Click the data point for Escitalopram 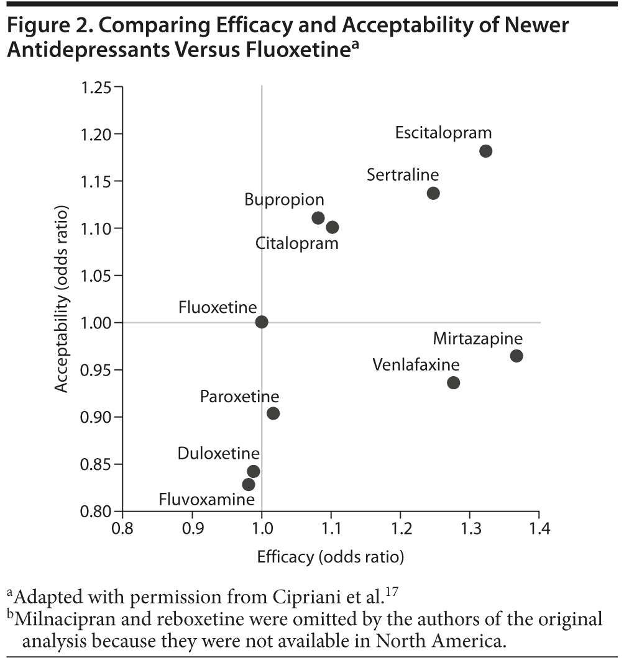485,151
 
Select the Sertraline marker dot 433,193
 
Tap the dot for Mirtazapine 516,356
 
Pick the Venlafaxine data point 453,382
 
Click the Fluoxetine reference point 262,322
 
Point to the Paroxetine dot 273,413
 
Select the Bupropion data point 318,218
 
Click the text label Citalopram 297,243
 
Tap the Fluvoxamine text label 207,499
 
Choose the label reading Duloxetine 219,454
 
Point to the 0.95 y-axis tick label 98,370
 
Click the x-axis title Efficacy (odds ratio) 331,557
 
